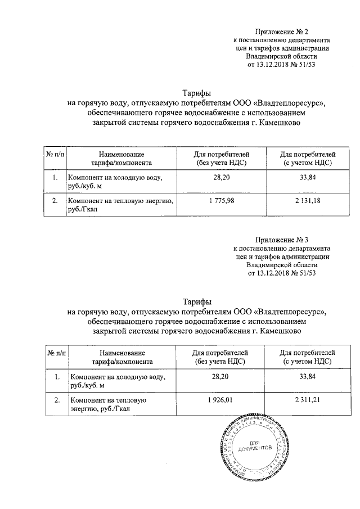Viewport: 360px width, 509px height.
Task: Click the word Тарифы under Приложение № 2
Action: [196, 93]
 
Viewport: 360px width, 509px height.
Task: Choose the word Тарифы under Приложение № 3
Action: [196, 301]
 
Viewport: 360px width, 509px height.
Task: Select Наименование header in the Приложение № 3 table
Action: [121, 353]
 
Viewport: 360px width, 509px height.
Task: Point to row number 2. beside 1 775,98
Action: [55, 201]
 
